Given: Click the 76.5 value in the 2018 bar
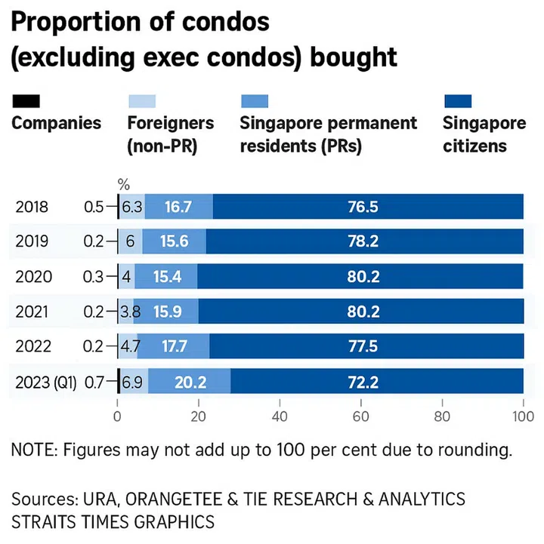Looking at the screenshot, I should coord(368,207).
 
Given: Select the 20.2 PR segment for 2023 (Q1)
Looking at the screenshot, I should coord(190,382).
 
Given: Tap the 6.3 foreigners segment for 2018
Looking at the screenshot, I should coord(132,207).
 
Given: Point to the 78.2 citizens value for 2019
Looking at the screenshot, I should coord(363,241).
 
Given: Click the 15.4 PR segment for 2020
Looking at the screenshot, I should coord(166,276).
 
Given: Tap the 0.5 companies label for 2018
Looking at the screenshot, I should coord(94,207).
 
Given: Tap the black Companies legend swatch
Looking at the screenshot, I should coord(26,101).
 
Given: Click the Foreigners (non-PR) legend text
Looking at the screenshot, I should coord(170,134).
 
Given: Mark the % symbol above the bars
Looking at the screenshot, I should coord(125,183).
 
